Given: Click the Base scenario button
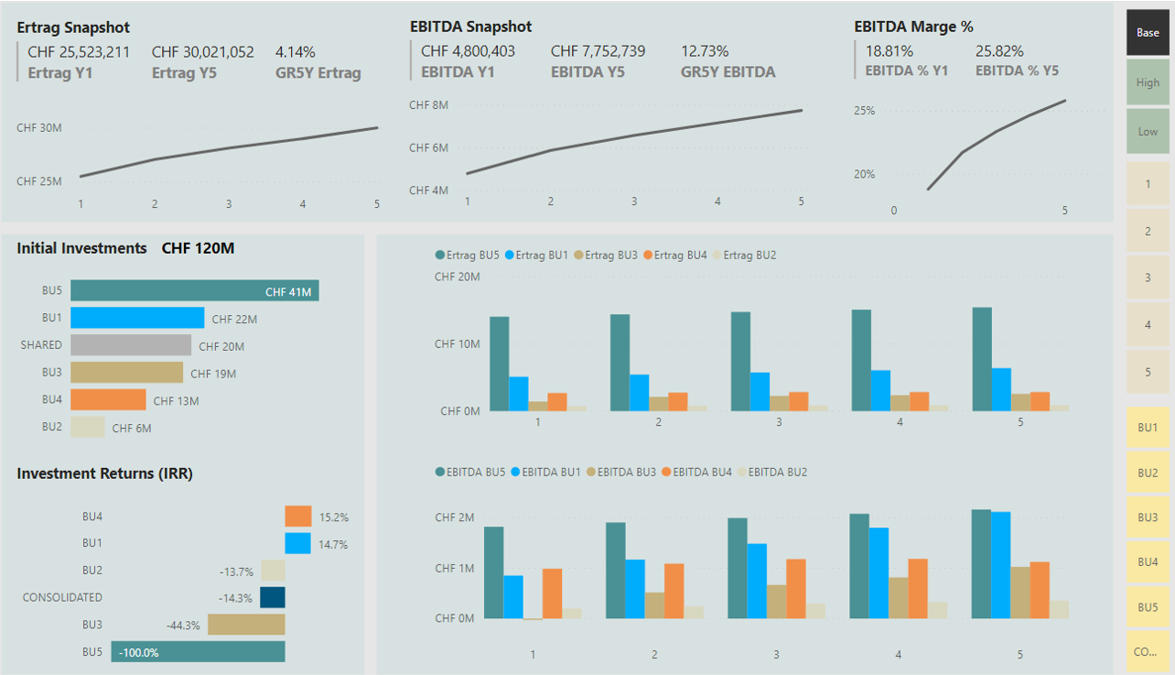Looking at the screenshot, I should coord(1148,33).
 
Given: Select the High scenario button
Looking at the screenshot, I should coord(1148,82).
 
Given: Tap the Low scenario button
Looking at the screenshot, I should coord(1148,131).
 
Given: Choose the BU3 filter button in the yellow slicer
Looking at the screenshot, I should coord(1148,517).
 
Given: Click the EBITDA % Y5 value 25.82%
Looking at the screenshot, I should coord(999,52).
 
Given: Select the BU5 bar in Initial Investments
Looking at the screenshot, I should coord(194,290).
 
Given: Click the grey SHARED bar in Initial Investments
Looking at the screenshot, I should coord(131,345).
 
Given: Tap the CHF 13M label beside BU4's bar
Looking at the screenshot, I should coord(176,401).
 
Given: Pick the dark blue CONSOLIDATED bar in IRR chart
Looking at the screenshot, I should coord(273,597).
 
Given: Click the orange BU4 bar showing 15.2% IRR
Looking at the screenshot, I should coord(298,517).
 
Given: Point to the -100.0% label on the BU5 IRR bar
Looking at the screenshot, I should coord(140,653).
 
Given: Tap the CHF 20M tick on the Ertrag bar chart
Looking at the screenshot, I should coord(457,277).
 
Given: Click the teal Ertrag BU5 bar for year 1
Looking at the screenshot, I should coord(499,364).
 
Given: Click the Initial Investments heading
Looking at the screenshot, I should coord(81,248).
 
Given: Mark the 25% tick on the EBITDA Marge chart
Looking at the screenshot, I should coord(864,111).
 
